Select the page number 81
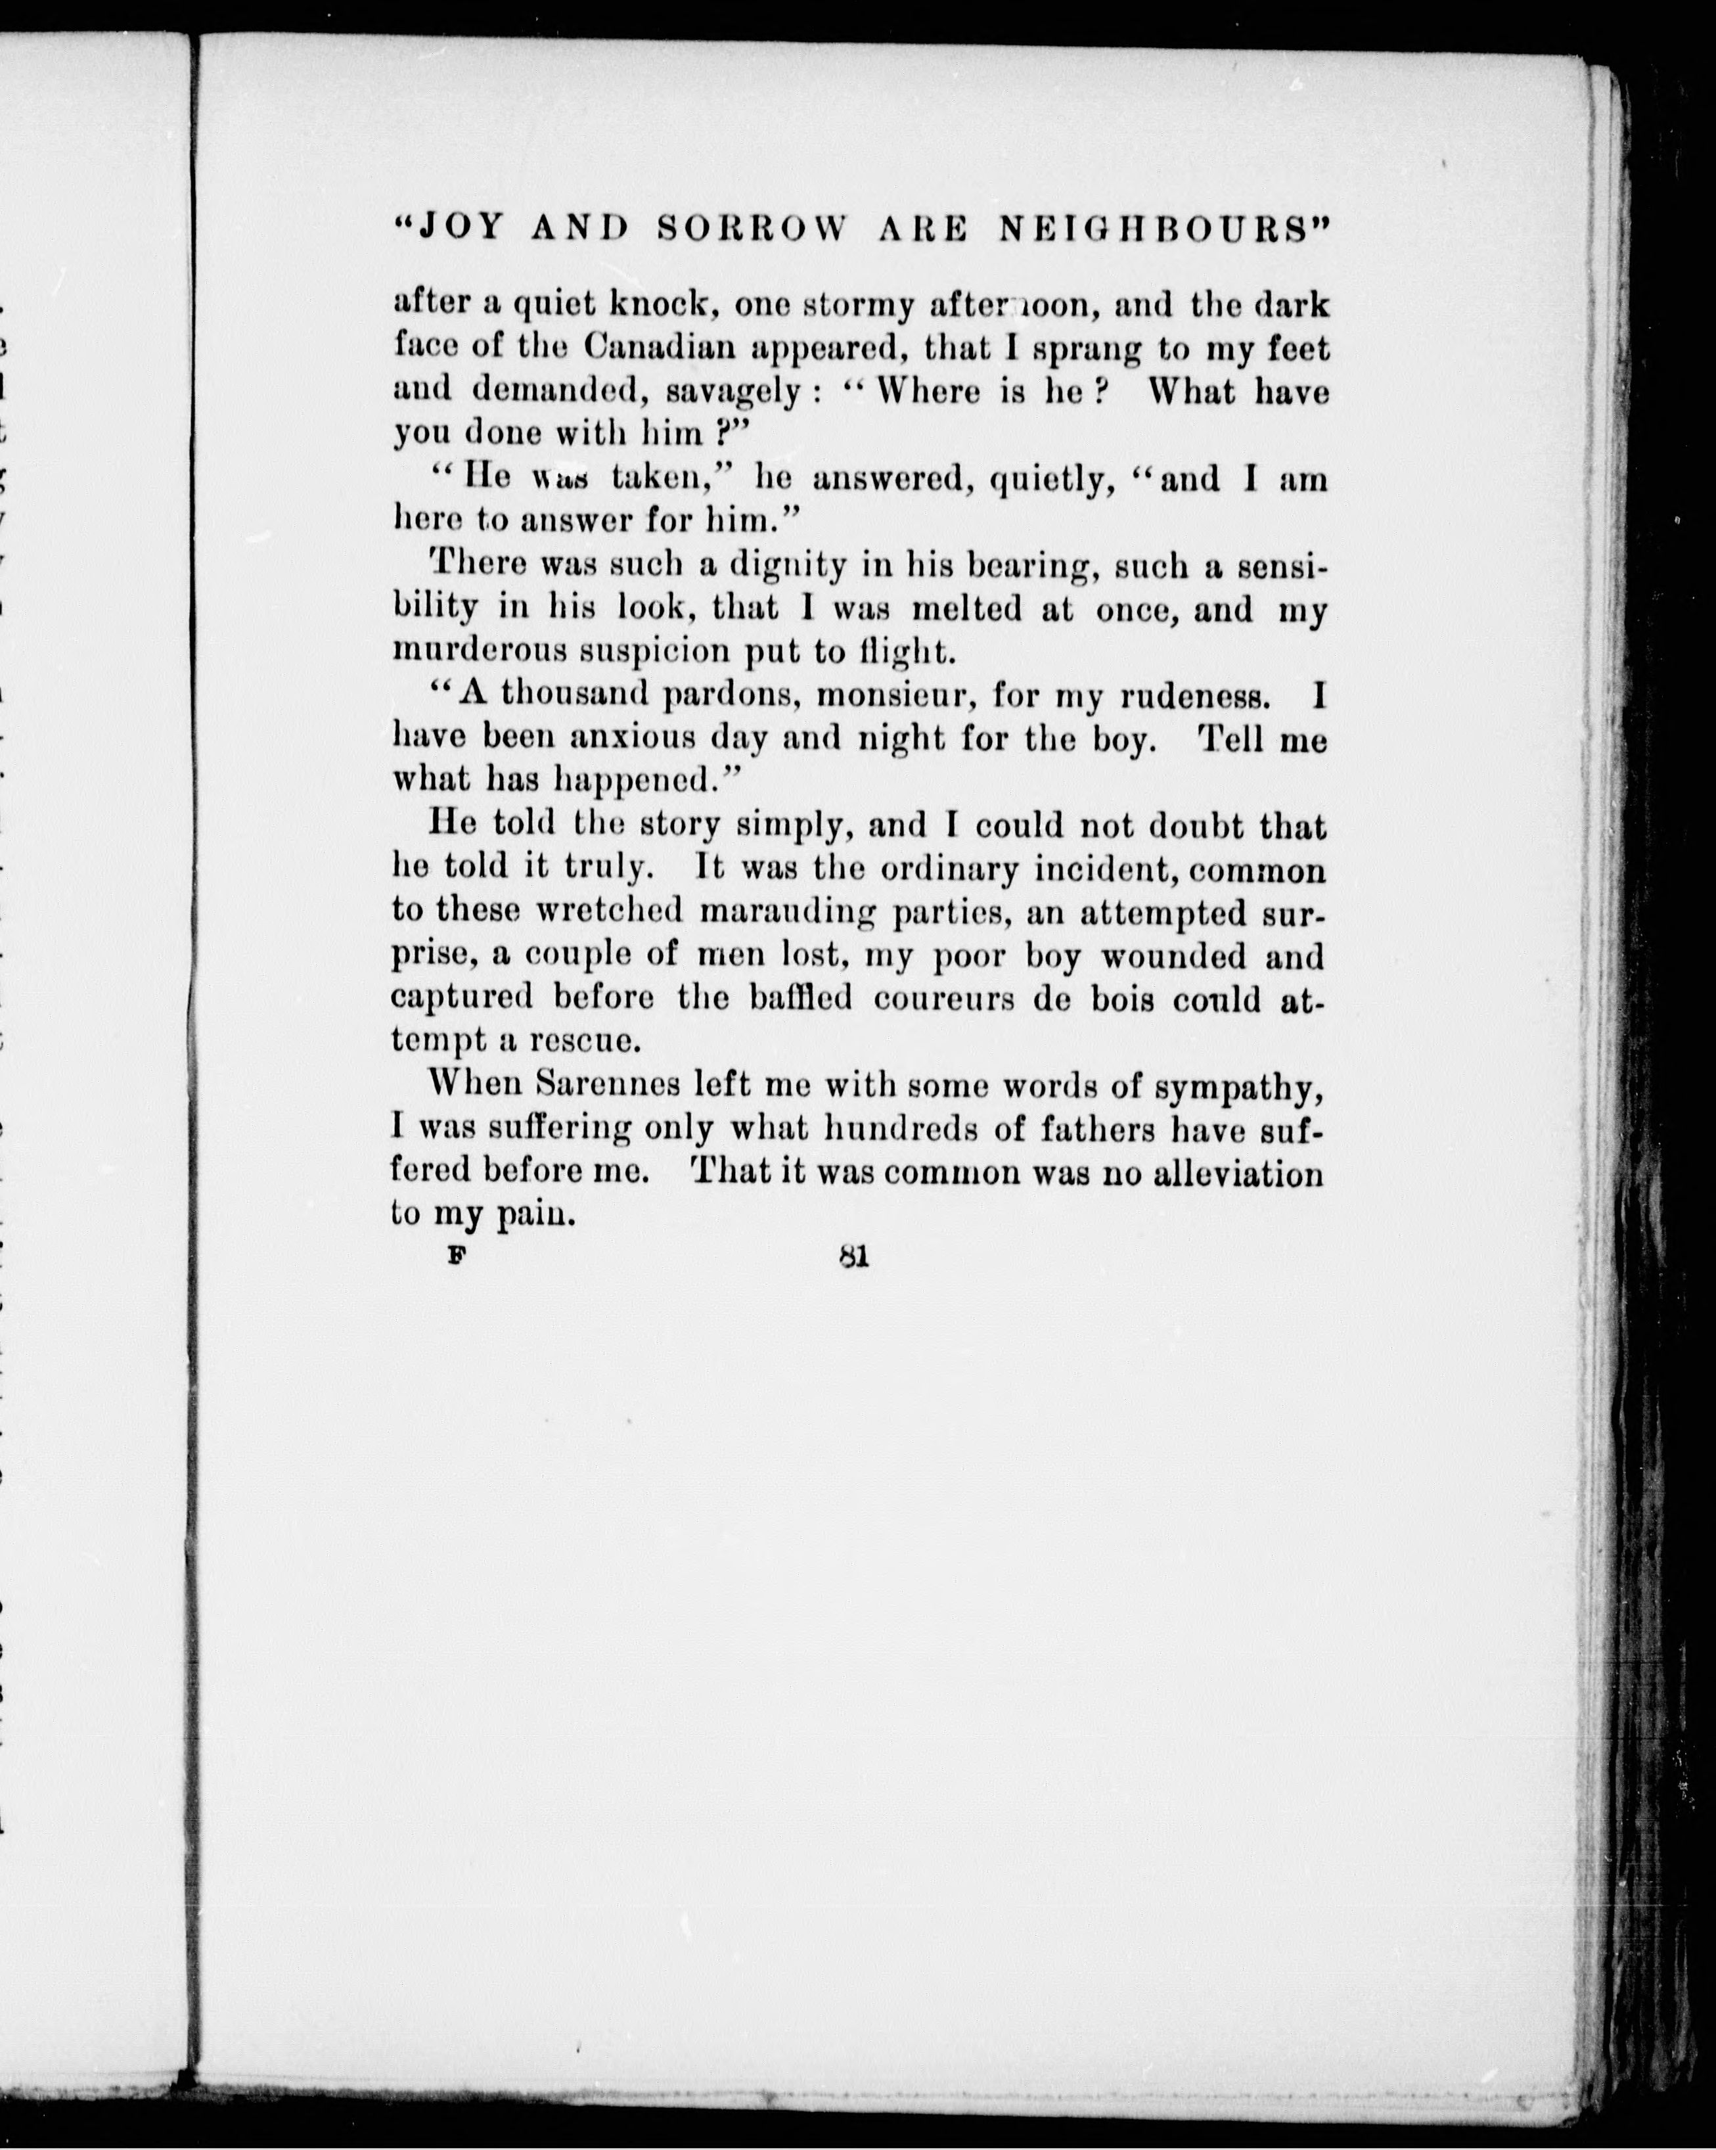855,1258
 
